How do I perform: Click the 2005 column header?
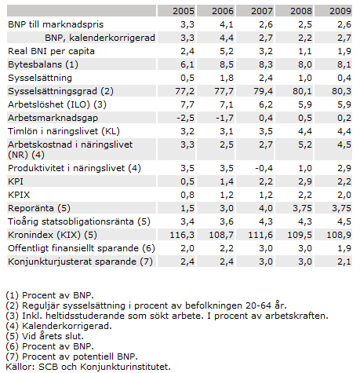pyautogui.click(x=184, y=11)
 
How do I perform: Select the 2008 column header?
pyautogui.click(x=301, y=11)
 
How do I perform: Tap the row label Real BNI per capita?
pyautogui.click(x=51, y=51)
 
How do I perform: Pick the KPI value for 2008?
pyautogui.click(x=305, y=181)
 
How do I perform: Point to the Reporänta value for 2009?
pyautogui.click(x=341, y=208)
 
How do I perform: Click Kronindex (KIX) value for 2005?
pyautogui.click(x=182, y=235)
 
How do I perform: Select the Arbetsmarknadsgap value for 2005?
pyautogui.click(x=185, y=118)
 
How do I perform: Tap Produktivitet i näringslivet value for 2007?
pyautogui.click(x=264, y=168)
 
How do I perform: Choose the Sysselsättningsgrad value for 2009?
pyautogui.click(x=341, y=91)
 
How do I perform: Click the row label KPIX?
pyautogui.click(x=19, y=195)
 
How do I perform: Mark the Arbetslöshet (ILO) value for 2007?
pyautogui.click(x=266, y=104)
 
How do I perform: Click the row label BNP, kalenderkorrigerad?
pyautogui.click(x=100, y=38)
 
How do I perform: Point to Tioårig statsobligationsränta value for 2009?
pyautogui.click(x=344, y=221)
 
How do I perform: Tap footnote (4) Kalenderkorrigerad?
pyautogui.click(x=59, y=326)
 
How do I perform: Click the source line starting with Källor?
pyautogui.click(x=88, y=367)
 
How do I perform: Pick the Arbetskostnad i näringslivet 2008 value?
pyautogui.click(x=305, y=144)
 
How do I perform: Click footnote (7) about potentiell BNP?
pyautogui.click(x=71, y=357)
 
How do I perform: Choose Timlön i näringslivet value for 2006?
pyautogui.click(x=227, y=131)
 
